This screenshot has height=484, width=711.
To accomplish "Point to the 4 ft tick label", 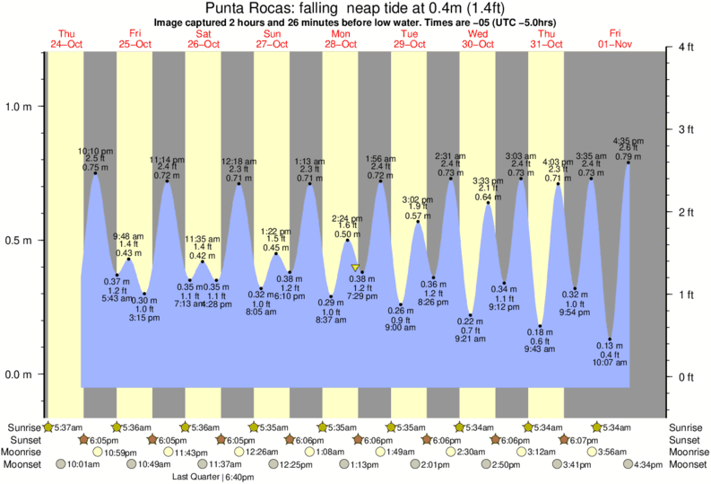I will [687, 48].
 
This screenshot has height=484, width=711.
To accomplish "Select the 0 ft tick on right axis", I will [687, 376].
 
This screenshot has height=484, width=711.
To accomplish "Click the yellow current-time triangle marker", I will [355, 268].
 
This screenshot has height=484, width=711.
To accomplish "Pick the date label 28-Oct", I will [341, 44].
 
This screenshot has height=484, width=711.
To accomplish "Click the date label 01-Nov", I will [615, 44].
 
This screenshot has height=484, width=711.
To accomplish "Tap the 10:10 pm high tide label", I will [95, 151].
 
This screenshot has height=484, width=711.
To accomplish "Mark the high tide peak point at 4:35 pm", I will [628, 163].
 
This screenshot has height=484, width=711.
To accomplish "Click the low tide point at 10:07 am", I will [610, 339].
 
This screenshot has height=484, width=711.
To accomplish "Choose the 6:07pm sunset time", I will [587, 440].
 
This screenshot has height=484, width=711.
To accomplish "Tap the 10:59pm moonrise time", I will [121, 452].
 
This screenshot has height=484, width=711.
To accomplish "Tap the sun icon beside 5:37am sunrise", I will [48, 427].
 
